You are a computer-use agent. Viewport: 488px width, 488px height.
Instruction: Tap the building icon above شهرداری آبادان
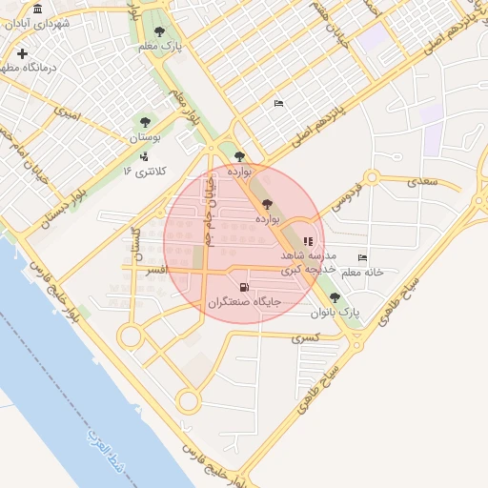37,10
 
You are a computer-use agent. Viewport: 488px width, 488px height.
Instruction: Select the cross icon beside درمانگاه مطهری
22,53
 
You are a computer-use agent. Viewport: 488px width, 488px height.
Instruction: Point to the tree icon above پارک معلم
159,31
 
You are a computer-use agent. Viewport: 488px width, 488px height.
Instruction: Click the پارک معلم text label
159,47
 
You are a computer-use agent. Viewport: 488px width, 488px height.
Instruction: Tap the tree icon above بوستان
145,122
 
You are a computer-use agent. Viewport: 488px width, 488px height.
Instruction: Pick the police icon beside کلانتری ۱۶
144,157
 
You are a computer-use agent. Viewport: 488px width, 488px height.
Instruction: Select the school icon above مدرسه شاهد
307,242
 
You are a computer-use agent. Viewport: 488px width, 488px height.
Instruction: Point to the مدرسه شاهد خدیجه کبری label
308,263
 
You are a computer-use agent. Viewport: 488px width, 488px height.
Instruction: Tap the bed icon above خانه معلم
362,257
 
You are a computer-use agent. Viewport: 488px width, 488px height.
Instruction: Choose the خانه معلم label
362,273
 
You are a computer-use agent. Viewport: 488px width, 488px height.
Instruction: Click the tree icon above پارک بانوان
335,296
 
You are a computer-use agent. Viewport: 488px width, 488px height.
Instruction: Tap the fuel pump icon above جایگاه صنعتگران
245,287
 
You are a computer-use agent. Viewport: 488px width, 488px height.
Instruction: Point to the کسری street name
304,337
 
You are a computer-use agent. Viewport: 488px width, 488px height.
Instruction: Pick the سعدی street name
420,179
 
